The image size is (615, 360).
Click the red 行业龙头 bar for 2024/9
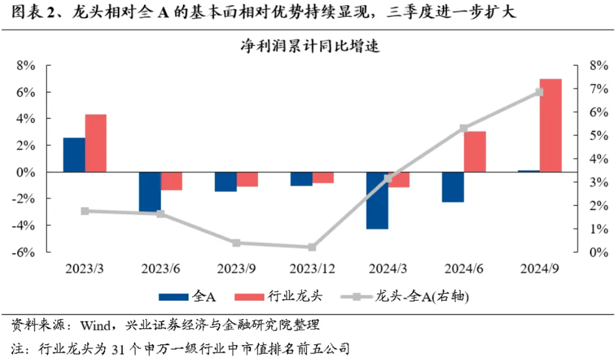tap(551, 126)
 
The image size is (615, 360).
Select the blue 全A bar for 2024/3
tap(377, 201)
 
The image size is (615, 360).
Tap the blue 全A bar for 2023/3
tap(74, 155)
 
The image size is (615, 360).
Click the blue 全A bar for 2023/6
tap(150, 192)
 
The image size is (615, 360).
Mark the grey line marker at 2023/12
tap(312, 247)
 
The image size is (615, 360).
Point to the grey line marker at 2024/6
tap(464, 128)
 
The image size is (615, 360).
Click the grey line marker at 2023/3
tap(85, 211)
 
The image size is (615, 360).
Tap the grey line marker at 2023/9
tap(236, 243)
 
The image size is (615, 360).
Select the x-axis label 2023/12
tap(312, 268)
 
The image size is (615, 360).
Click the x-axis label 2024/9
tap(539, 268)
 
